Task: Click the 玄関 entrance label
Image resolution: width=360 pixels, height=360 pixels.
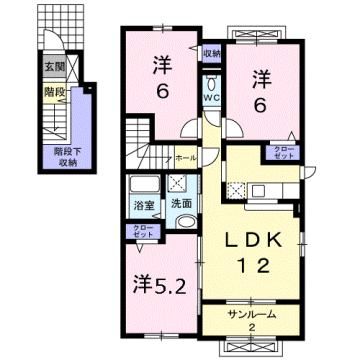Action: pyautogui.click(x=53, y=67)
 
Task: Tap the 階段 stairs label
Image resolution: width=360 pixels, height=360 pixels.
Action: pyautogui.click(x=53, y=90)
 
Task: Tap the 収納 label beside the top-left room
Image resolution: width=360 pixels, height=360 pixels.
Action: pyautogui.click(x=211, y=53)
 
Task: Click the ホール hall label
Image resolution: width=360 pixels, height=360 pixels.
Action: pyautogui.click(x=186, y=158)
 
